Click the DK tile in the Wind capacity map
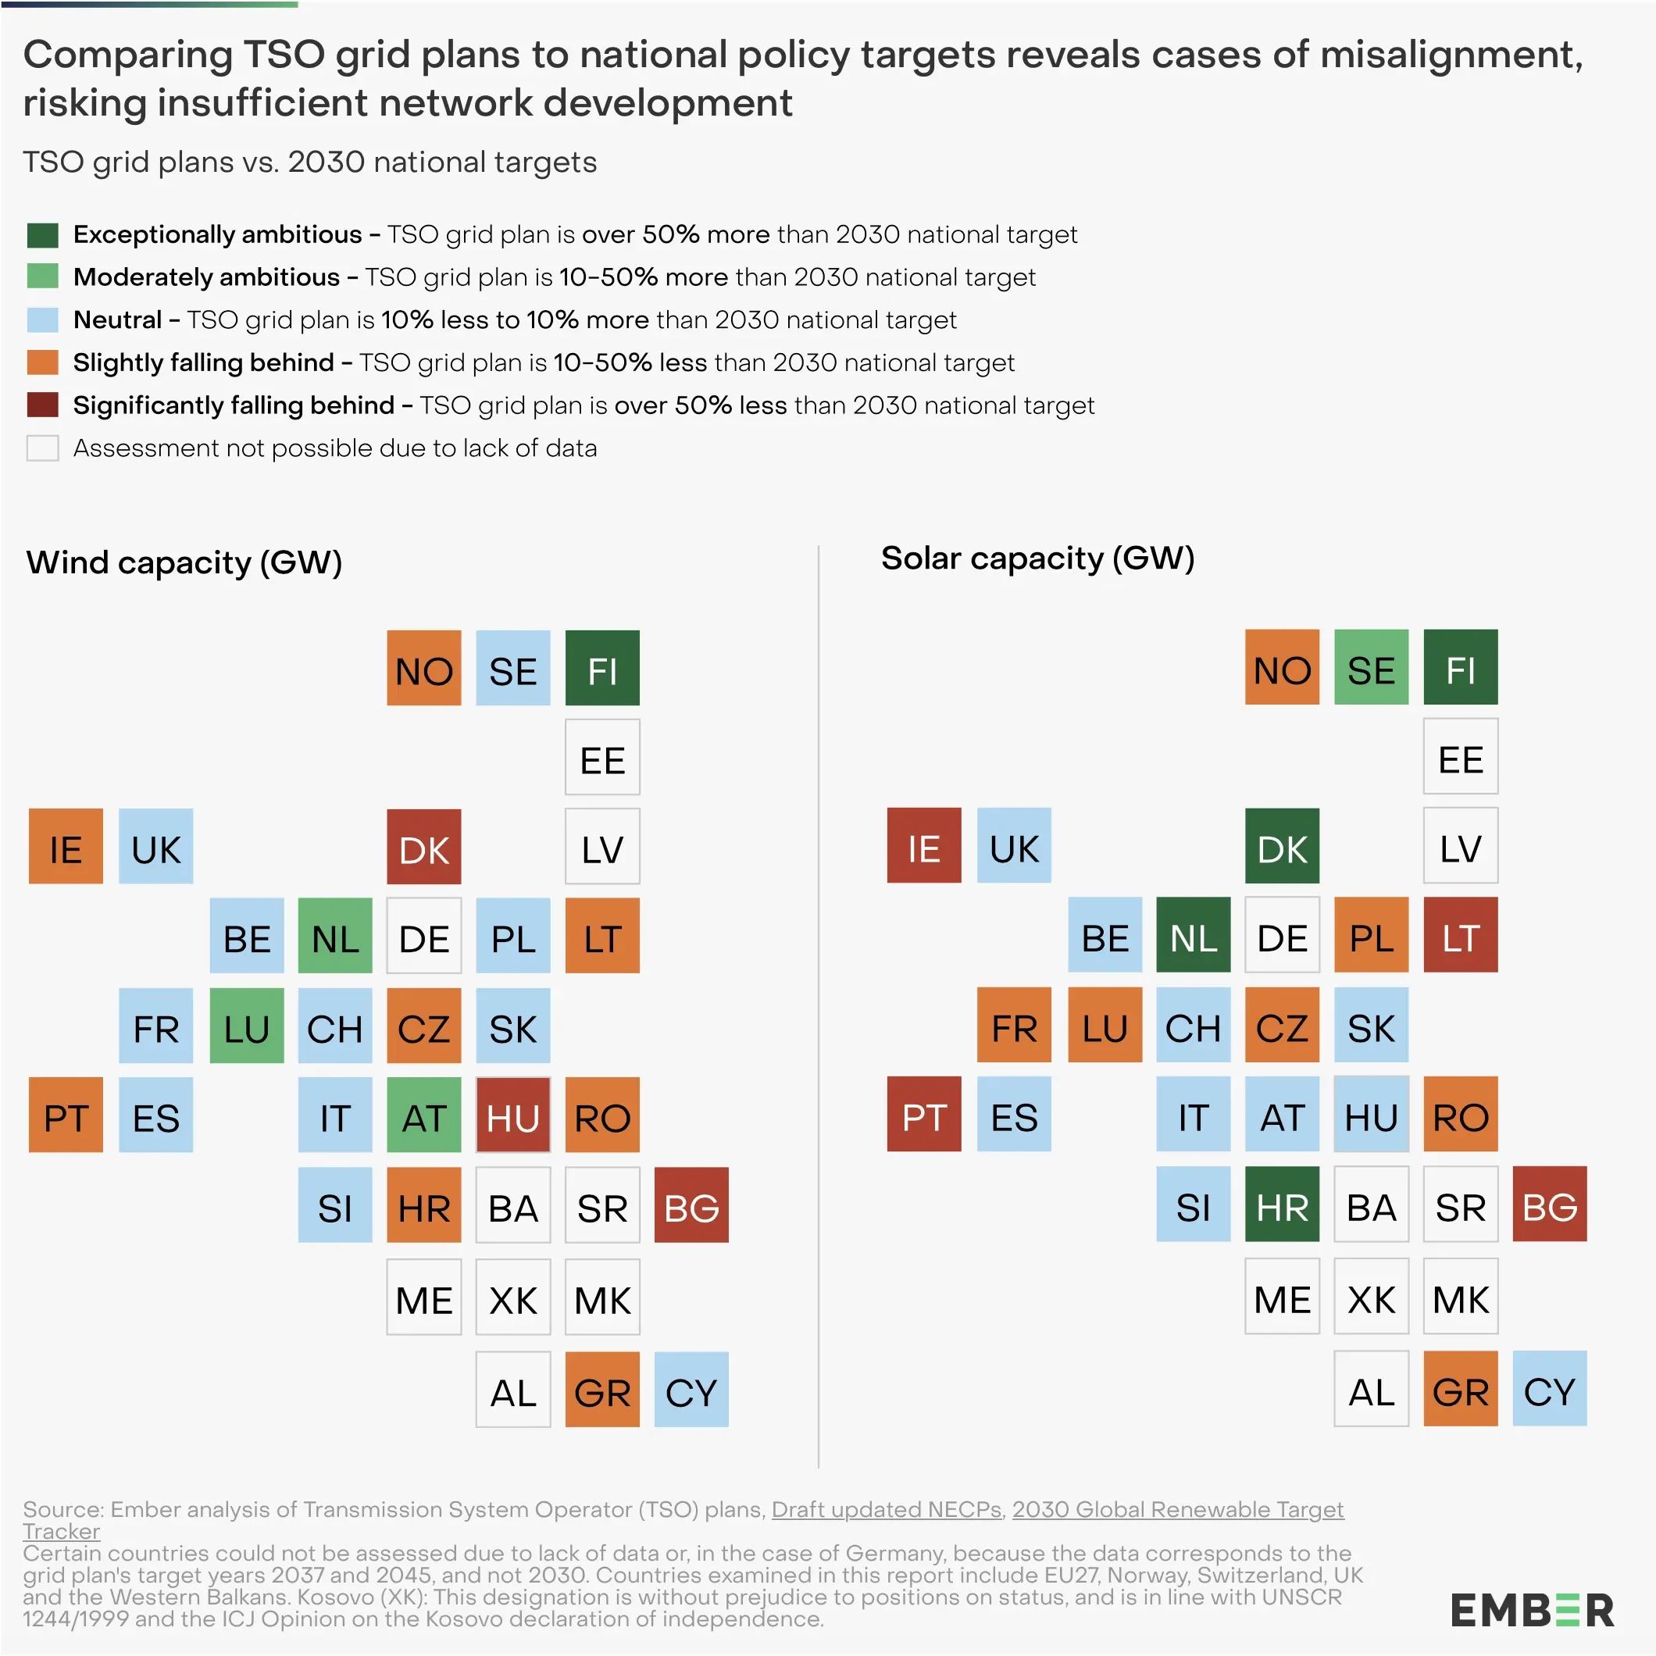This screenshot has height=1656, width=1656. (x=423, y=846)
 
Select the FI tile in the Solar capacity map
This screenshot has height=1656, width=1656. (x=1461, y=667)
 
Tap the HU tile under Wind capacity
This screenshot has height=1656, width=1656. (x=512, y=1115)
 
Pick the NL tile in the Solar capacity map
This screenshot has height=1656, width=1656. (x=1193, y=934)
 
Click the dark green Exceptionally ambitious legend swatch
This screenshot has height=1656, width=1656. (x=42, y=234)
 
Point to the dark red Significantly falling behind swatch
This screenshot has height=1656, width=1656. (x=42, y=405)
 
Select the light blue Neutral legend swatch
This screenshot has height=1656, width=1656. (x=42, y=319)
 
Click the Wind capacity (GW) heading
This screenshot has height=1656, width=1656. (x=184, y=562)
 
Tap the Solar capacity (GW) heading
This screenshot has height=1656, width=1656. (x=1037, y=558)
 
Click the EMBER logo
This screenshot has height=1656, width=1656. (x=1532, y=1611)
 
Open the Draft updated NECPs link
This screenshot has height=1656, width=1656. (x=887, y=1509)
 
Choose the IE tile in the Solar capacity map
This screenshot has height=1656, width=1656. (x=924, y=845)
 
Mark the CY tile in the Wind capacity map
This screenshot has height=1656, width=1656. (x=691, y=1390)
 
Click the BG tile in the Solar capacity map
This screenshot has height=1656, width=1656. (x=1550, y=1204)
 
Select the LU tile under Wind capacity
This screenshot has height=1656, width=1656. (x=247, y=1025)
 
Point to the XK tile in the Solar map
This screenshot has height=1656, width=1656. (x=1372, y=1296)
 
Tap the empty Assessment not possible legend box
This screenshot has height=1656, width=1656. (x=42, y=448)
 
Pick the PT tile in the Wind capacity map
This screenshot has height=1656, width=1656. (x=66, y=1115)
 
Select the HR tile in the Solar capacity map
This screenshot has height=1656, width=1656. (x=1283, y=1204)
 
